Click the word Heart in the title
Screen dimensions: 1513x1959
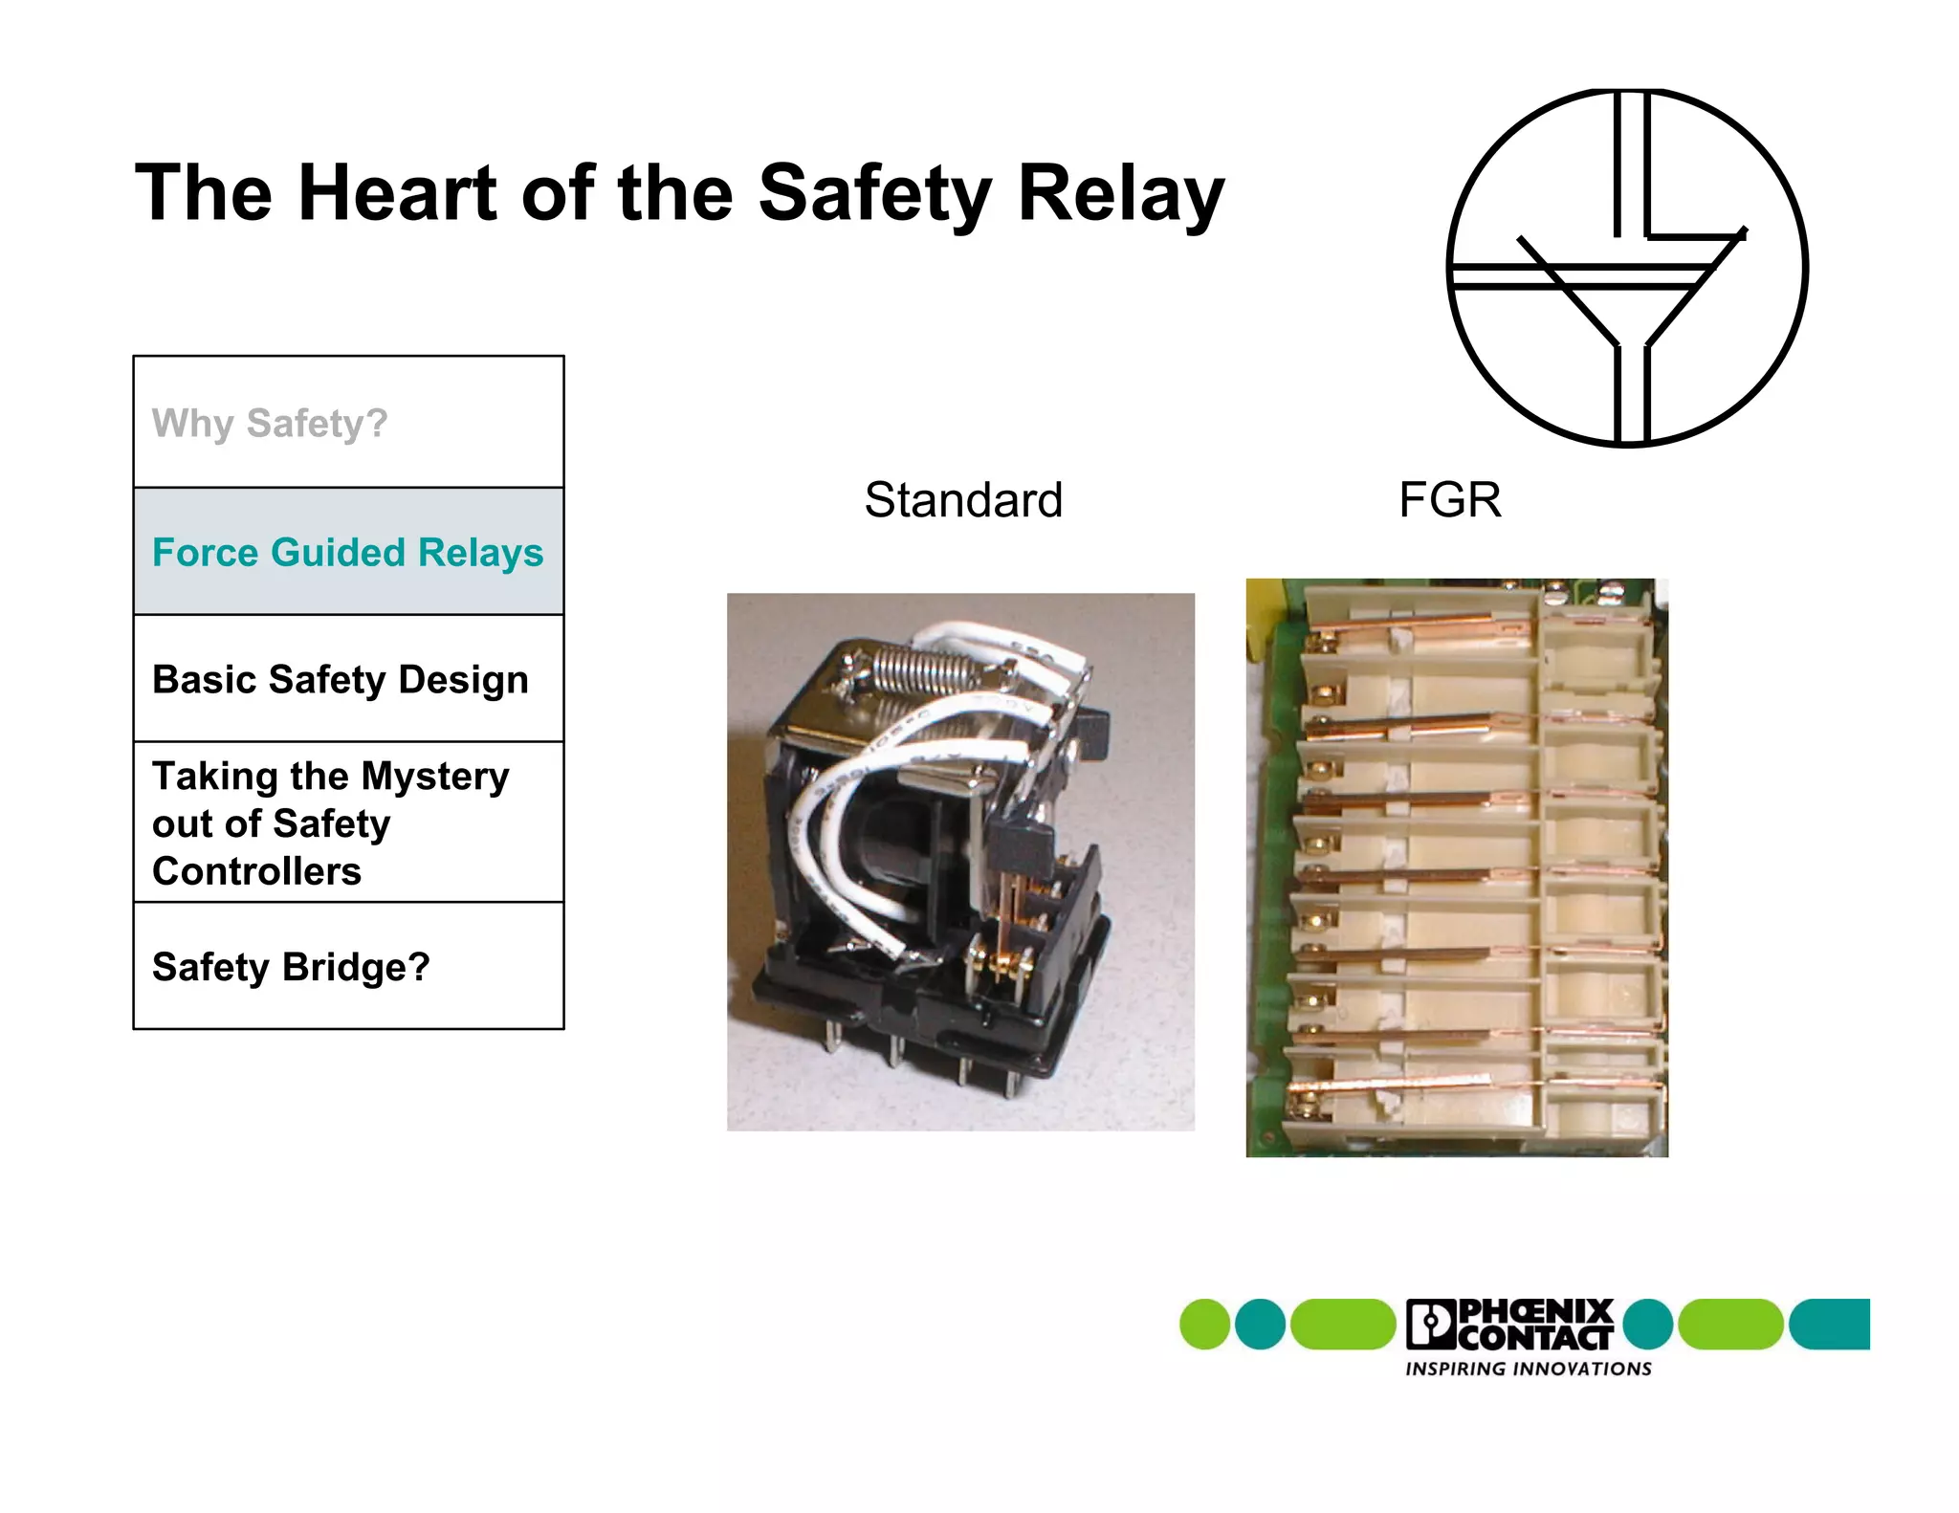point(398,193)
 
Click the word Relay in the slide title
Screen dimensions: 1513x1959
point(1120,193)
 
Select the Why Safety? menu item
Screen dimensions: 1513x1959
point(270,423)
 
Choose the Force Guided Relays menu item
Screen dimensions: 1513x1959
point(347,552)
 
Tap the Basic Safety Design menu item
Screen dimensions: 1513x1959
point(340,679)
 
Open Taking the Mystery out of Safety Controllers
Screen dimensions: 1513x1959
point(330,822)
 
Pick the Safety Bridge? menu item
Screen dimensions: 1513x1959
point(291,967)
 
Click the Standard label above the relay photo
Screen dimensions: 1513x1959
point(963,500)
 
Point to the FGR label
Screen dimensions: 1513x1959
point(1449,500)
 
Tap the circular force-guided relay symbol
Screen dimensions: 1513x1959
point(1627,268)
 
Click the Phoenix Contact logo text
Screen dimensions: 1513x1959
point(1534,1325)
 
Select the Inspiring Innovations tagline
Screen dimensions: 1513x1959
point(1528,1369)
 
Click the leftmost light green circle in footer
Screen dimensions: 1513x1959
point(1204,1325)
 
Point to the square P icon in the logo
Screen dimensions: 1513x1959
point(1429,1325)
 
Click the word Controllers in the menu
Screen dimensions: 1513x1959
point(256,871)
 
